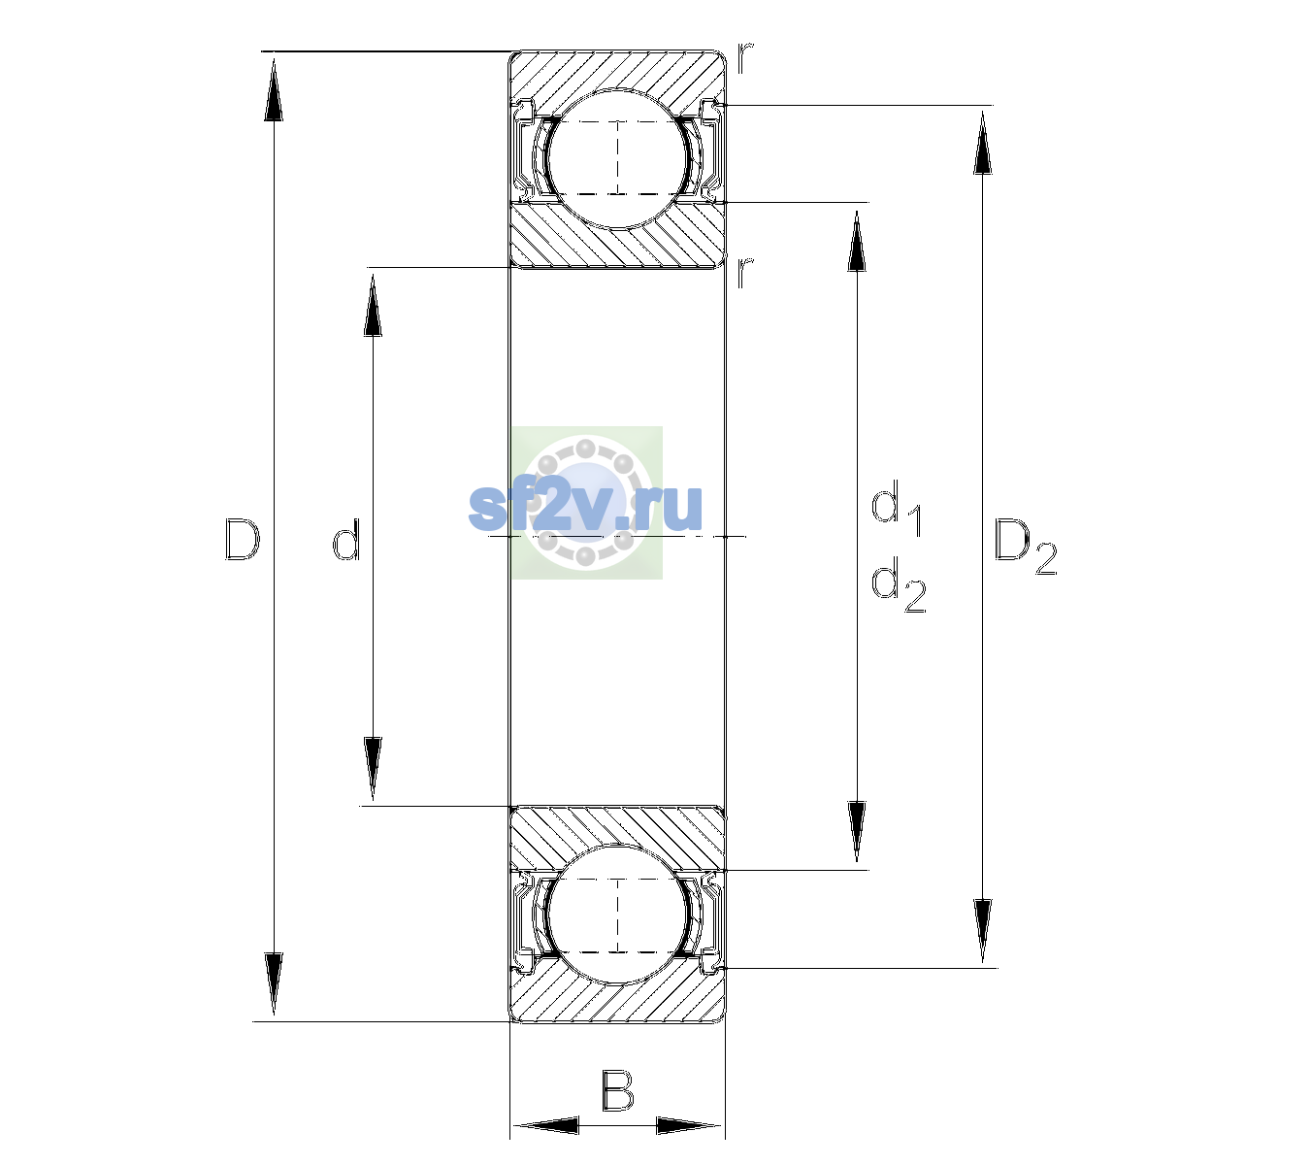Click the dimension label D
pos(243,539)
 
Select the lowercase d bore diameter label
pos(345,539)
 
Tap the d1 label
pos(897,509)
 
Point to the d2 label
pos(899,584)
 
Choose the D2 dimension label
pos(1026,546)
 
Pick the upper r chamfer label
pos(745,57)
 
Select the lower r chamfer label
pos(745,272)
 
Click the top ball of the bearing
pos(617,158)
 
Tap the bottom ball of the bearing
pos(617,915)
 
